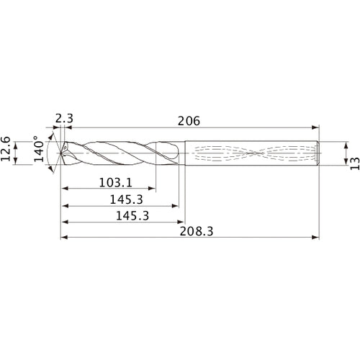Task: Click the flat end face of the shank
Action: tap(318, 153)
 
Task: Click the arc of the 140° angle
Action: tap(48, 153)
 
